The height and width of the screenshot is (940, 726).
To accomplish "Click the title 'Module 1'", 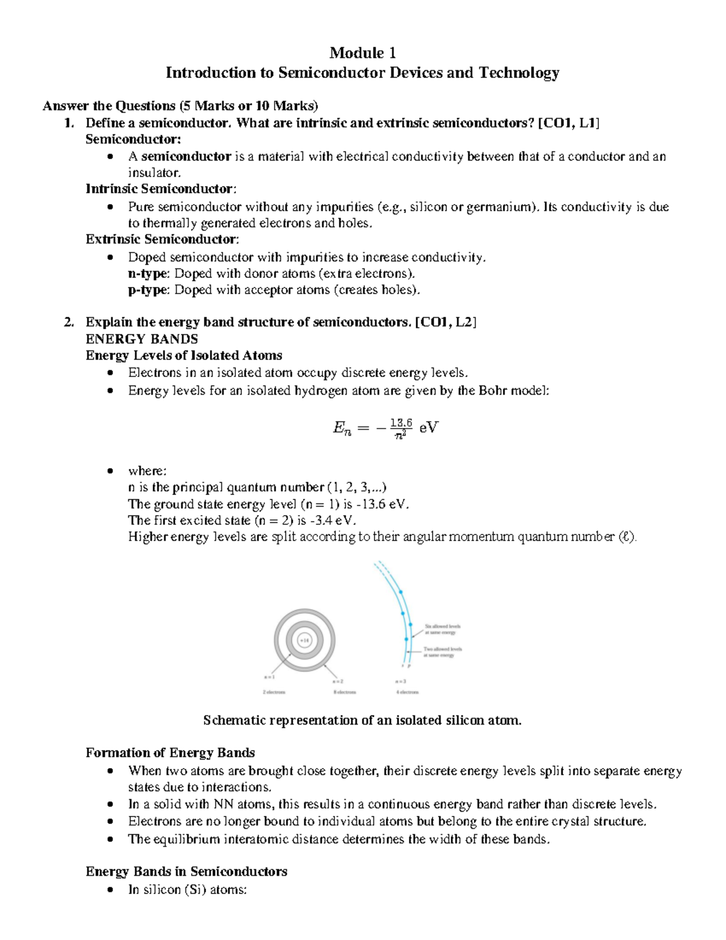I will pos(362,53).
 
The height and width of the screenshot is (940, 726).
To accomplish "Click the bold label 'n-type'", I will pos(148,274).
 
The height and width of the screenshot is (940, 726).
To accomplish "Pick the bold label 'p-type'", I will pos(148,290).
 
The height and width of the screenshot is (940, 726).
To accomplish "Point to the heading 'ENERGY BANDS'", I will pos(142,339).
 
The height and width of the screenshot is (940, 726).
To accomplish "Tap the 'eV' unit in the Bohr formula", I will pos(428,428).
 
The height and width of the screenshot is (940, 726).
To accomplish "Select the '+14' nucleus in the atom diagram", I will pos(304,640).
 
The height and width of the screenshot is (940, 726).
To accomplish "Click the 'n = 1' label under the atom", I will pos(269,677).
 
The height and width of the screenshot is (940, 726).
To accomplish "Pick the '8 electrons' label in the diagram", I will pos(345,692).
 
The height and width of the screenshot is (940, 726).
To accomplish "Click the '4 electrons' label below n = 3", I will pos(407,692).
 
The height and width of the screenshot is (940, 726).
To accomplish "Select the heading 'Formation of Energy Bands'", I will pos(170,753).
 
